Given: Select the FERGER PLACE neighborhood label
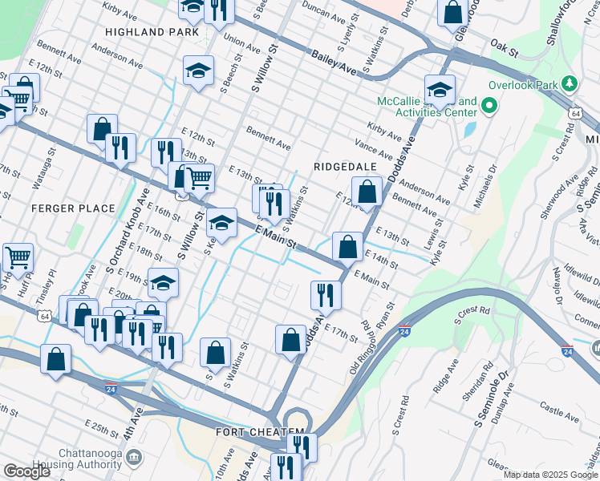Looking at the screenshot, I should coord(73,208).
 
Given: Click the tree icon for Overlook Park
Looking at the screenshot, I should coord(570,83).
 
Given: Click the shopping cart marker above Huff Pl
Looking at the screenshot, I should coord(18,258).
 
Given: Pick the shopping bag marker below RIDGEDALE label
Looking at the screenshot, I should coord(367,193).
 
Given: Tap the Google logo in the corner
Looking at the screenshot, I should coord(26,471).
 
